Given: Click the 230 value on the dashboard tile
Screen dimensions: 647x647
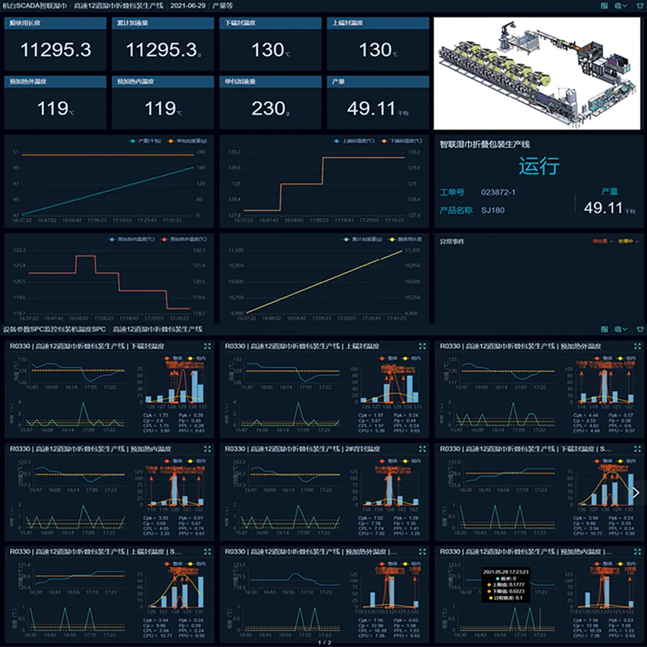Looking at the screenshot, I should (269, 108).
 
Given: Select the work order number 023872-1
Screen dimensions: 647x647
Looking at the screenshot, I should (498, 192).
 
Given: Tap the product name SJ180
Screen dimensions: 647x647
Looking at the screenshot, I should (493, 210).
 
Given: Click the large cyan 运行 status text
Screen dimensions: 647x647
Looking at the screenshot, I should (538, 166).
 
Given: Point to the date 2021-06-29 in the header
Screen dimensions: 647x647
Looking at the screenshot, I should (189, 5).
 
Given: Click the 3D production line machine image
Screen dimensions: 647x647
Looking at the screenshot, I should (538, 73).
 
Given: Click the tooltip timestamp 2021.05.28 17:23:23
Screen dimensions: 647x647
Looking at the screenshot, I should (506, 572).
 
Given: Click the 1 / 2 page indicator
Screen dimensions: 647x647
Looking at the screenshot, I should (324, 642).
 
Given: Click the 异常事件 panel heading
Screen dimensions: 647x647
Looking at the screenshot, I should (452, 241).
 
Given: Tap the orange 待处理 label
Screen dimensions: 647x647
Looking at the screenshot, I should (600, 241).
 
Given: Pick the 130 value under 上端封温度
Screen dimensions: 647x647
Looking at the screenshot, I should (376, 50).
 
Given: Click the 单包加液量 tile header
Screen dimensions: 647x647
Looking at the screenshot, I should (241, 82).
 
